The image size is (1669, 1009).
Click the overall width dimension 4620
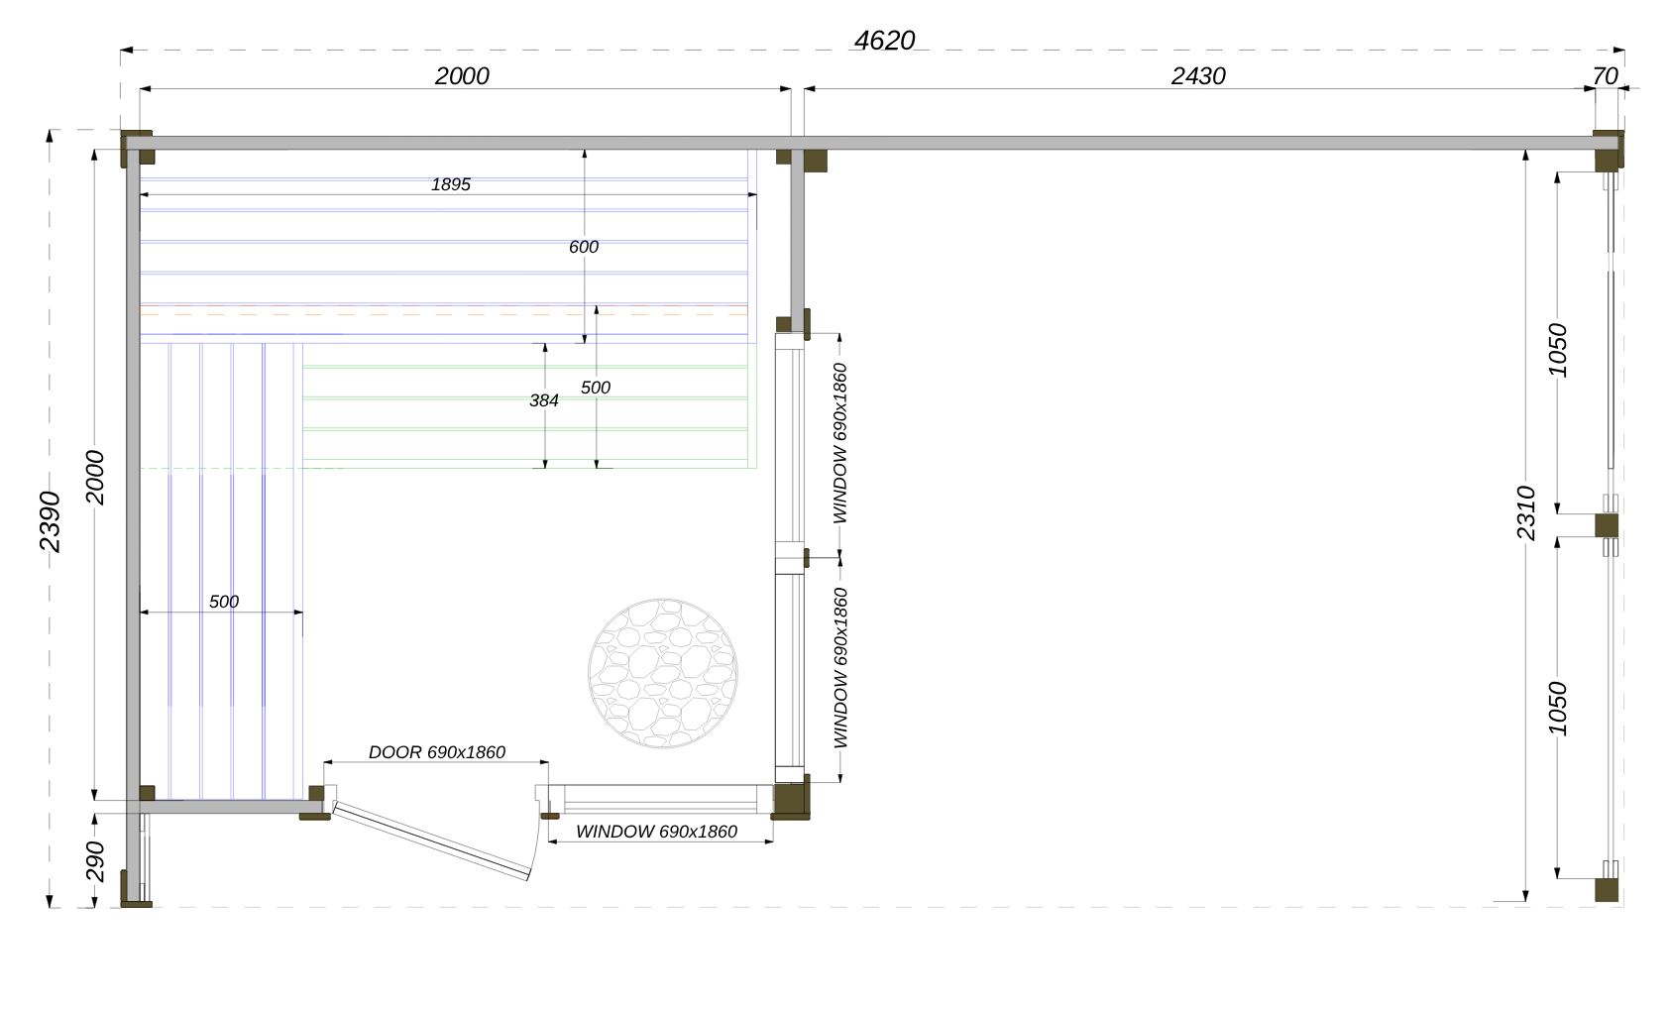pos(884,41)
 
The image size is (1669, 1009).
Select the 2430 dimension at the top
pos(1198,76)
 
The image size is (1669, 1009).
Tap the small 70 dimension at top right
pos(1605,76)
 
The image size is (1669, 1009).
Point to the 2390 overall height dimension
pos(50,521)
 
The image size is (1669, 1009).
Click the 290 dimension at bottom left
pos(95,860)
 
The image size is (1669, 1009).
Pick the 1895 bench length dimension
pos(451,184)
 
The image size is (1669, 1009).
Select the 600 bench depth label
pos(584,247)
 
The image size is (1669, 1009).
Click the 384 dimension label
pos(544,400)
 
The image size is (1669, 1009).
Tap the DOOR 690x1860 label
pos(437,752)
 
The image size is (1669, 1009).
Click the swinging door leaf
pos(431,841)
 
